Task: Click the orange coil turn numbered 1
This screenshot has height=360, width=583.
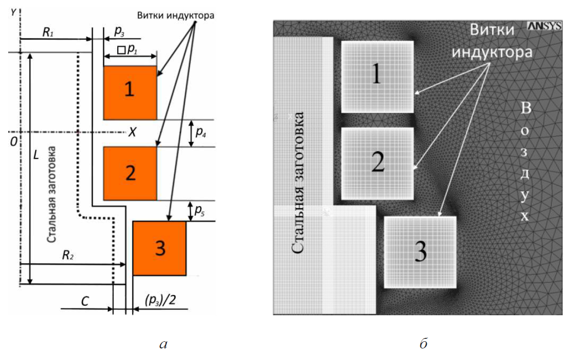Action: point(130,92)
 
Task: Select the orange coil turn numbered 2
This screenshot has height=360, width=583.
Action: point(130,173)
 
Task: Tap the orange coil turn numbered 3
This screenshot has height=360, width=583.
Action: point(159,248)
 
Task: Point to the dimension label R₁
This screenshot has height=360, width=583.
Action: point(48,32)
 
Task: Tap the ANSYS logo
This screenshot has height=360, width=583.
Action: point(544,26)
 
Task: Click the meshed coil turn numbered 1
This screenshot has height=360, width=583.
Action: point(377,77)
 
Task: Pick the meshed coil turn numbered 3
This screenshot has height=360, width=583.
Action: point(420,252)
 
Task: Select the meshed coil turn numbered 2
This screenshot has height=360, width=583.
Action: point(377,163)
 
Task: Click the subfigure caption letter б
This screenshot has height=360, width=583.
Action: point(423,343)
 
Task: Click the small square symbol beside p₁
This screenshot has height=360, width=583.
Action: point(121,50)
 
